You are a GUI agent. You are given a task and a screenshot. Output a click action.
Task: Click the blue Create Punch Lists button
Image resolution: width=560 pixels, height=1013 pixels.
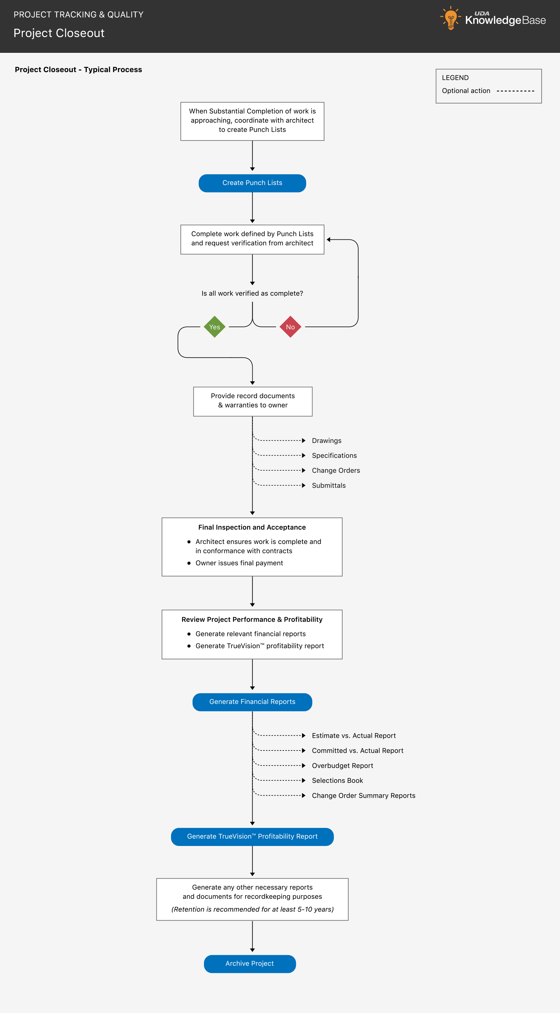[252, 183]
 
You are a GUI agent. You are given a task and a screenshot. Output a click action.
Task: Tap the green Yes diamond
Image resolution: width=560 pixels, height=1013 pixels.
[214, 327]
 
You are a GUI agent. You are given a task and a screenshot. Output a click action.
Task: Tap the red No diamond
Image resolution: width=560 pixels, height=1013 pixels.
[290, 327]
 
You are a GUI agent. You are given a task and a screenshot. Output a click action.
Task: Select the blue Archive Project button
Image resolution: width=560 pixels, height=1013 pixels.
[250, 964]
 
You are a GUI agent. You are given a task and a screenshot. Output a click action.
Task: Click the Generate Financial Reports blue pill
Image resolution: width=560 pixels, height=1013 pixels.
[252, 702]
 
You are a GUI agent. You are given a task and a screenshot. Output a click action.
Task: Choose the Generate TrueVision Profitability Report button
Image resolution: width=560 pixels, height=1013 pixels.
[252, 836]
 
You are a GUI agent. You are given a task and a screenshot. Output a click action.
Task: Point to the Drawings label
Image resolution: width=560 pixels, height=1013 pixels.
[326, 440]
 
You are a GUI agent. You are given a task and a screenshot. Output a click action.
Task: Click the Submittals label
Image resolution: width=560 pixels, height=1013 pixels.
[329, 485]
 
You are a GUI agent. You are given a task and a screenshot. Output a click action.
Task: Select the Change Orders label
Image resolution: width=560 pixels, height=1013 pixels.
[336, 470]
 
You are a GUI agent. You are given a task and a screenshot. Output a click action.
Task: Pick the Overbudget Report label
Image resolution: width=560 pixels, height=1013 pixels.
[342, 766]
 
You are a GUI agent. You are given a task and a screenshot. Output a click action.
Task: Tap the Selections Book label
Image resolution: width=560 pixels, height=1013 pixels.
[338, 781]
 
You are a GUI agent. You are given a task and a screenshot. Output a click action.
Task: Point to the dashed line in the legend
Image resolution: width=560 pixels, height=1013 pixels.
[515, 91]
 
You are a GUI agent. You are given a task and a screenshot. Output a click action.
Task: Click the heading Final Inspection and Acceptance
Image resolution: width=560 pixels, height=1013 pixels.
[252, 527]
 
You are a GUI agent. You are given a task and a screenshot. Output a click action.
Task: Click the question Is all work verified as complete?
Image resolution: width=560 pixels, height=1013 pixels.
[252, 293]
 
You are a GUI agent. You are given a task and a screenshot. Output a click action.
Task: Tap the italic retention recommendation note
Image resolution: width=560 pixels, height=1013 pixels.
[252, 909]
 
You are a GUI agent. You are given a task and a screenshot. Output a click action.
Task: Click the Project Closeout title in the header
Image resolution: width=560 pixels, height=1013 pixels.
[59, 33]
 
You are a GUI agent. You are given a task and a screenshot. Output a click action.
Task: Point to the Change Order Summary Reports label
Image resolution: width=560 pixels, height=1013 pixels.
[363, 796]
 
